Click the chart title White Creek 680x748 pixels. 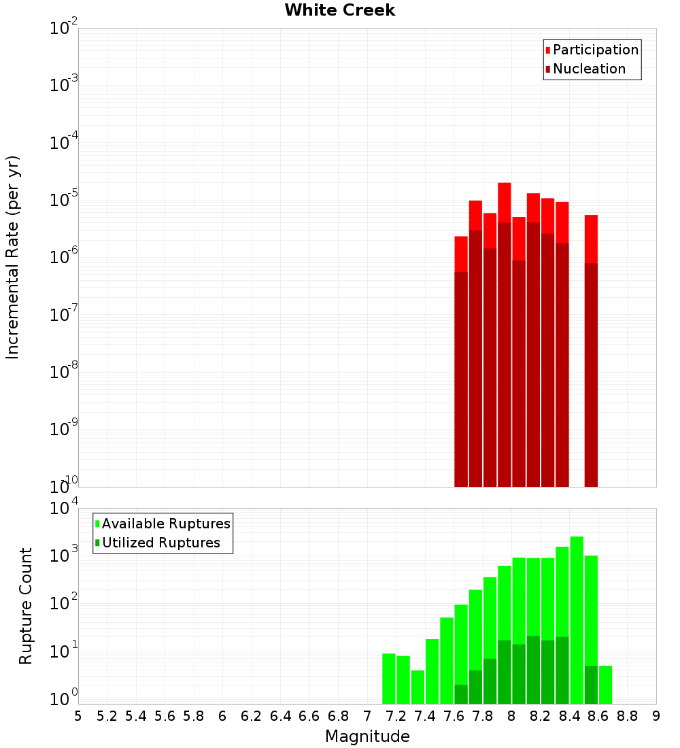tap(339, 10)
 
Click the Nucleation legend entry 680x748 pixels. tap(588, 69)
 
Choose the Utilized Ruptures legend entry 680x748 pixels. tap(160, 543)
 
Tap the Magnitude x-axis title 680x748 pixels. tap(367, 736)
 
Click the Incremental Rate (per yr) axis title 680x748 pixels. tap(13, 258)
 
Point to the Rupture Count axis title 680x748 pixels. tap(26, 606)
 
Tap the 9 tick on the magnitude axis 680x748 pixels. tap(656, 715)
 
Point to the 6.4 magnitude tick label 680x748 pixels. tap(280, 715)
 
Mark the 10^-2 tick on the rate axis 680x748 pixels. tap(64, 29)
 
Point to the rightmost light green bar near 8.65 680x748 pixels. tap(605, 685)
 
